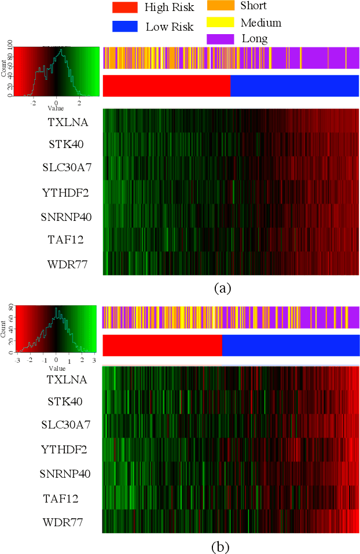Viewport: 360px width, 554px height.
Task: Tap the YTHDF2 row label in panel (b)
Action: pos(64,449)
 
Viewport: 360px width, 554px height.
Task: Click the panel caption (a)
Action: pos(222,287)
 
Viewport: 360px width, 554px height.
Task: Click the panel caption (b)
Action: pos(222,545)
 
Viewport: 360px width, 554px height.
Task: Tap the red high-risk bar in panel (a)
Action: pos(166,86)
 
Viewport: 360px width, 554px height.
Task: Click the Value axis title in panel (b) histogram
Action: pos(57,368)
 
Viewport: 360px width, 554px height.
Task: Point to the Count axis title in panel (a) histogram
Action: pos(4,69)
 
